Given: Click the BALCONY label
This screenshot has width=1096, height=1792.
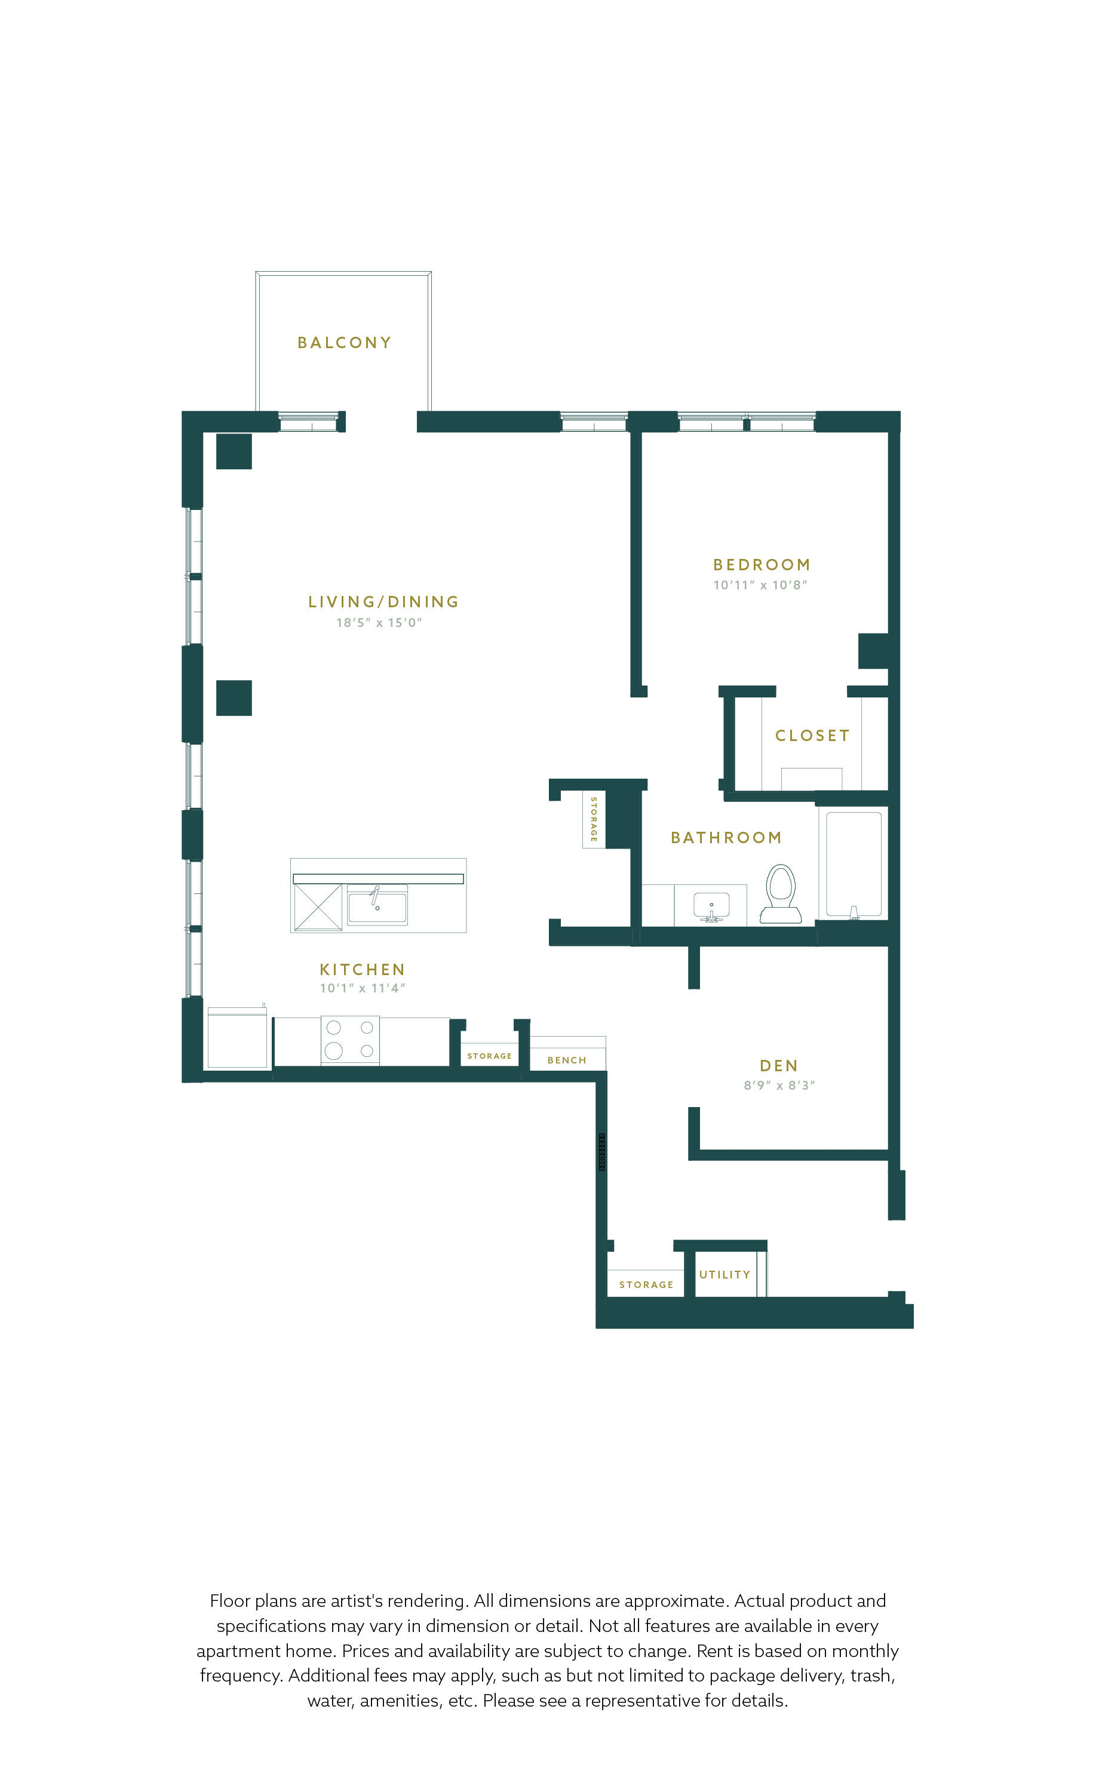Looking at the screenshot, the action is (x=344, y=343).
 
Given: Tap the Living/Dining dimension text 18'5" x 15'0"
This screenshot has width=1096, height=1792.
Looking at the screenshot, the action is (x=379, y=623).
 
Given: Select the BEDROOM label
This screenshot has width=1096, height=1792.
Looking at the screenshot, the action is (x=762, y=564).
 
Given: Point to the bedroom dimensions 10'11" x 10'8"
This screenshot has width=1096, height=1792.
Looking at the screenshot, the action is (x=760, y=585).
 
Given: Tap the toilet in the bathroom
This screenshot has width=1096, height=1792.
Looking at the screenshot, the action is (x=781, y=894).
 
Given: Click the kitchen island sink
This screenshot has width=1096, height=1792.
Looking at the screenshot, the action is (x=377, y=905).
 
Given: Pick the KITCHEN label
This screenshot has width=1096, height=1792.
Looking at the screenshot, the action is (x=362, y=970).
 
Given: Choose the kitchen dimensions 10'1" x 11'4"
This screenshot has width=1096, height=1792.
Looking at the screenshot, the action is (x=362, y=988).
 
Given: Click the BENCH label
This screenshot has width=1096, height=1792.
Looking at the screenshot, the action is (x=567, y=1061).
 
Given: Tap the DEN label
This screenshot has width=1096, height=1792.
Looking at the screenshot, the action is (x=779, y=1066).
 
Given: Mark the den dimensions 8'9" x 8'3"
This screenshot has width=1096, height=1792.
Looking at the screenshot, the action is (x=779, y=1085).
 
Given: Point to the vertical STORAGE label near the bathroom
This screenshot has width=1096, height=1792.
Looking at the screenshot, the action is (x=594, y=820).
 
